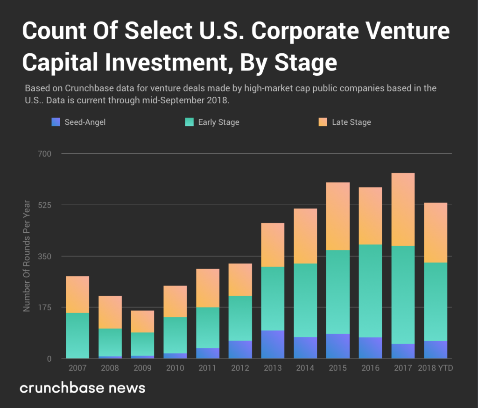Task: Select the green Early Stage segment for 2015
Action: coord(337,292)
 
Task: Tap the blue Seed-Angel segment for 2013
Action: coord(273,344)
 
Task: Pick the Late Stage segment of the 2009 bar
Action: coord(142,322)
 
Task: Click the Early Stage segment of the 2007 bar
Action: coord(77,335)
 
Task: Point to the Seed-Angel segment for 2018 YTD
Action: coord(436,350)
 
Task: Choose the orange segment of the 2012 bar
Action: coord(240,279)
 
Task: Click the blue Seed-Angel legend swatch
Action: coord(56,122)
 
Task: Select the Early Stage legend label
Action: coord(218,122)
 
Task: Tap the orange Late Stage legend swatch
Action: coord(323,122)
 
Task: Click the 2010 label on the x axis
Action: coord(175,368)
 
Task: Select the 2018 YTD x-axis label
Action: coord(436,368)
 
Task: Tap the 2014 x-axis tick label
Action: coord(305,368)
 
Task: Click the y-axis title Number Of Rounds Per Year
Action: coord(27,256)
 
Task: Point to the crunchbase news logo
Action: coord(83,388)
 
